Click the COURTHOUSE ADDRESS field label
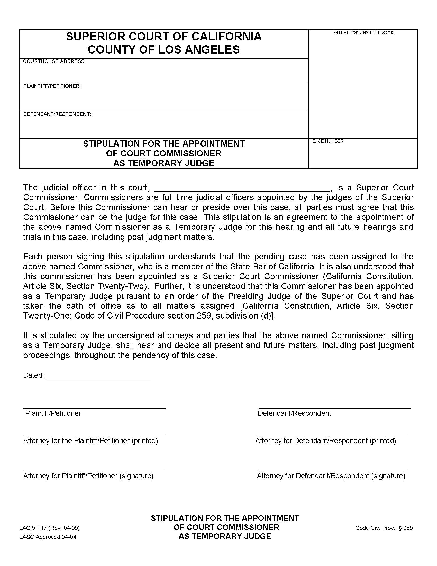[54, 61]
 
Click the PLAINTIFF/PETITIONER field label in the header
[52, 86]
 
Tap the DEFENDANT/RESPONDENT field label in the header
[57, 114]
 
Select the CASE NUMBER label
[328, 141]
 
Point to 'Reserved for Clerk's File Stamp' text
[363, 32]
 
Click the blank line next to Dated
[99, 378]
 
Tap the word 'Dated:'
[33, 375]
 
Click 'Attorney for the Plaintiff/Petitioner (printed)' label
[90, 440]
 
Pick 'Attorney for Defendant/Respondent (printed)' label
[326, 440]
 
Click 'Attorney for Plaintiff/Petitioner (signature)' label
[88, 476]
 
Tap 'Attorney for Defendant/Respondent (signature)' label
[331, 476]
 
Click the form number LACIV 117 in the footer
[33, 528]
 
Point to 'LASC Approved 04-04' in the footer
[48, 537]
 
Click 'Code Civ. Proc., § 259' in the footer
[384, 528]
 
